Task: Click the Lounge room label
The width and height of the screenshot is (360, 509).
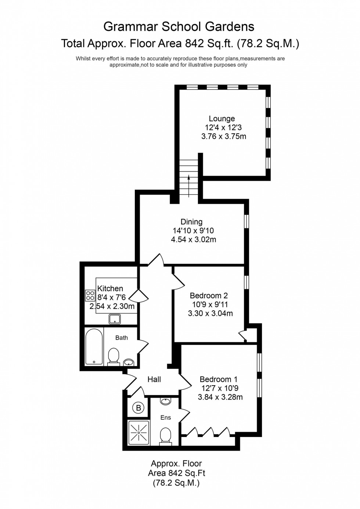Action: click(222, 119)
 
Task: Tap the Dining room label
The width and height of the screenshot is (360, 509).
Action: click(191, 222)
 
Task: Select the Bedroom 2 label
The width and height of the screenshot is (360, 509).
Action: click(209, 296)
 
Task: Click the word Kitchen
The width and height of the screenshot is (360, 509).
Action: click(110, 289)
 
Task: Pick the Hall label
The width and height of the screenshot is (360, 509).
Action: click(154, 379)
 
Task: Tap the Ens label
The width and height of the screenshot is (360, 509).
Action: click(166, 418)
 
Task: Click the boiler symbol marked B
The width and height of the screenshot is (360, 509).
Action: click(138, 408)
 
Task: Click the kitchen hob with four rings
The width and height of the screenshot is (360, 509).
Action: click(90, 295)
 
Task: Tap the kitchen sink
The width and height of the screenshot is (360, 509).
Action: click(115, 319)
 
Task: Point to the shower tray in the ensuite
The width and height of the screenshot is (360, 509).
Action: click(138, 433)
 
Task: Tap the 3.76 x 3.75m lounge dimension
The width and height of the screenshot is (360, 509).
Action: click(223, 137)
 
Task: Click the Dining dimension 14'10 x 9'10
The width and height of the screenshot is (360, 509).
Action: click(193, 231)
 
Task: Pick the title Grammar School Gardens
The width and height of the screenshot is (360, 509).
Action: click(179, 26)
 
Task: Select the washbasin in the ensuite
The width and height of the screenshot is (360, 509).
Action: click(166, 401)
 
